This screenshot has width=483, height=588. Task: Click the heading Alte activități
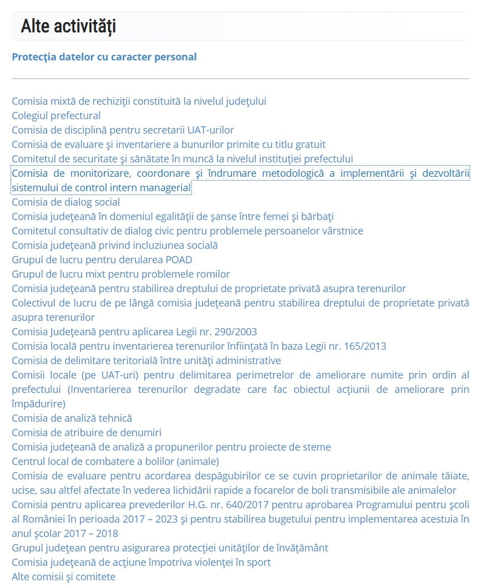click(68, 26)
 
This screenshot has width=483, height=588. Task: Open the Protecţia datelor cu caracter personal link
click(104, 57)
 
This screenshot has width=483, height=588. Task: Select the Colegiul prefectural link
click(56, 116)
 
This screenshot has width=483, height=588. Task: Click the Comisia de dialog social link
click(65, 202)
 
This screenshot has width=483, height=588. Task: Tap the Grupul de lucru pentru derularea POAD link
click(102, 260)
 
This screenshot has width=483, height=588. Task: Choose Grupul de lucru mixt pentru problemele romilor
click(120, 274)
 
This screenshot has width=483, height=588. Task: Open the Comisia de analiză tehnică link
click(72, 418)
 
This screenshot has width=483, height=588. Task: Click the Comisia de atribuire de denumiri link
click(87, 433)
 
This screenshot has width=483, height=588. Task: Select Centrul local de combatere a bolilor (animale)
click(115, 462)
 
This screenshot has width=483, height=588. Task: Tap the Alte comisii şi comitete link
click(64, 577)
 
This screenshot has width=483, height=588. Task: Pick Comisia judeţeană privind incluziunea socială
click(114, 246)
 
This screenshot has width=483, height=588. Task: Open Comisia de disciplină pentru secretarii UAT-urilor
click(123, 130)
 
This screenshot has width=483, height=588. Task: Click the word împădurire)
click(38, 403)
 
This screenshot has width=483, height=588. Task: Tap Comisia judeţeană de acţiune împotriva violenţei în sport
click(141, 563)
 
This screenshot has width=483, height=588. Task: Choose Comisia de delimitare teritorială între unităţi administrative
click(146, 361)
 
